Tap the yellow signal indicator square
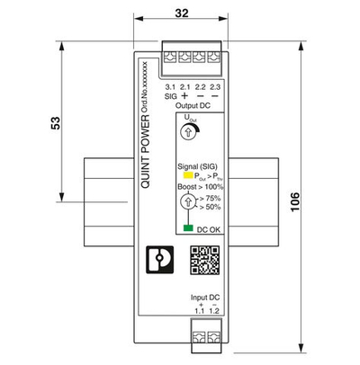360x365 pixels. coord(187,175)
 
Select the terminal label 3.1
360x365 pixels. coord(171,85)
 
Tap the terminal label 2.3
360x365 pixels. coord(214,85)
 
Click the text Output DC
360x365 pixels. coord(192,106)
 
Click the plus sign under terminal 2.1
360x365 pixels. coord(184,94)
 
